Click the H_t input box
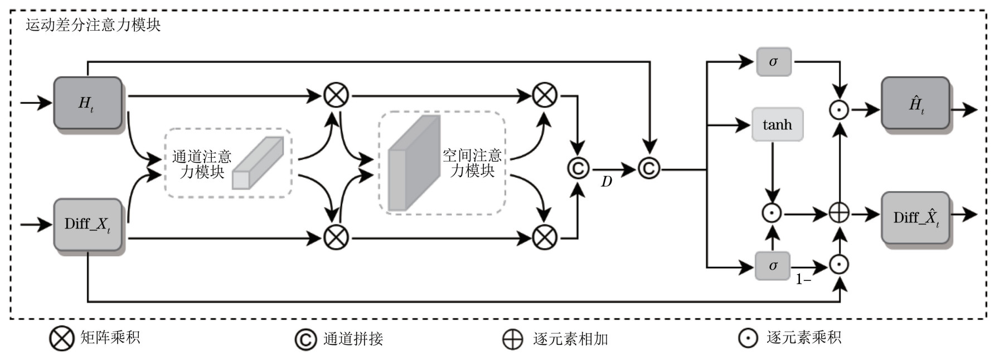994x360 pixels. [x=88, y=103]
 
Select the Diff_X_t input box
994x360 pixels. [x=88, y=224]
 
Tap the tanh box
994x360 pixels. [x=777, y=124]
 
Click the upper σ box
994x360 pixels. [x=773, y=62]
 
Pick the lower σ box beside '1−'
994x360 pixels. [x=773, y=266]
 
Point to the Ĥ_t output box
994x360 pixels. [x=915, y=104]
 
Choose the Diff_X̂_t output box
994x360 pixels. [x=915, y=217]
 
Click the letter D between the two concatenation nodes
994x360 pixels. [x=607, y=182]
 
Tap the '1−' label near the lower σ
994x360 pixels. [x=803, y=280]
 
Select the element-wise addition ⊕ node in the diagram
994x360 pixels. [x=839, y=213]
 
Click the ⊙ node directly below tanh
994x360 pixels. [x=772, y=213]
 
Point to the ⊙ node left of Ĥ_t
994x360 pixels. [x=839, y=110]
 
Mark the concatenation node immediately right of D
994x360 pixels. [x=649, y=168]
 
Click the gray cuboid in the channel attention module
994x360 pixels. [x=258, y=163]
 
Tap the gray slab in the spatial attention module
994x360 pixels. [x=414, y=163]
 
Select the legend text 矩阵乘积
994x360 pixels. [x=110, y=337]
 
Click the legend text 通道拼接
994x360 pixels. [x=353, y=339]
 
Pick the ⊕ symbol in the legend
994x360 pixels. [x=512, y=339]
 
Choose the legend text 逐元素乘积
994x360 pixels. [x=803, y=337]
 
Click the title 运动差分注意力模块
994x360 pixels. [x=93, y=25]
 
